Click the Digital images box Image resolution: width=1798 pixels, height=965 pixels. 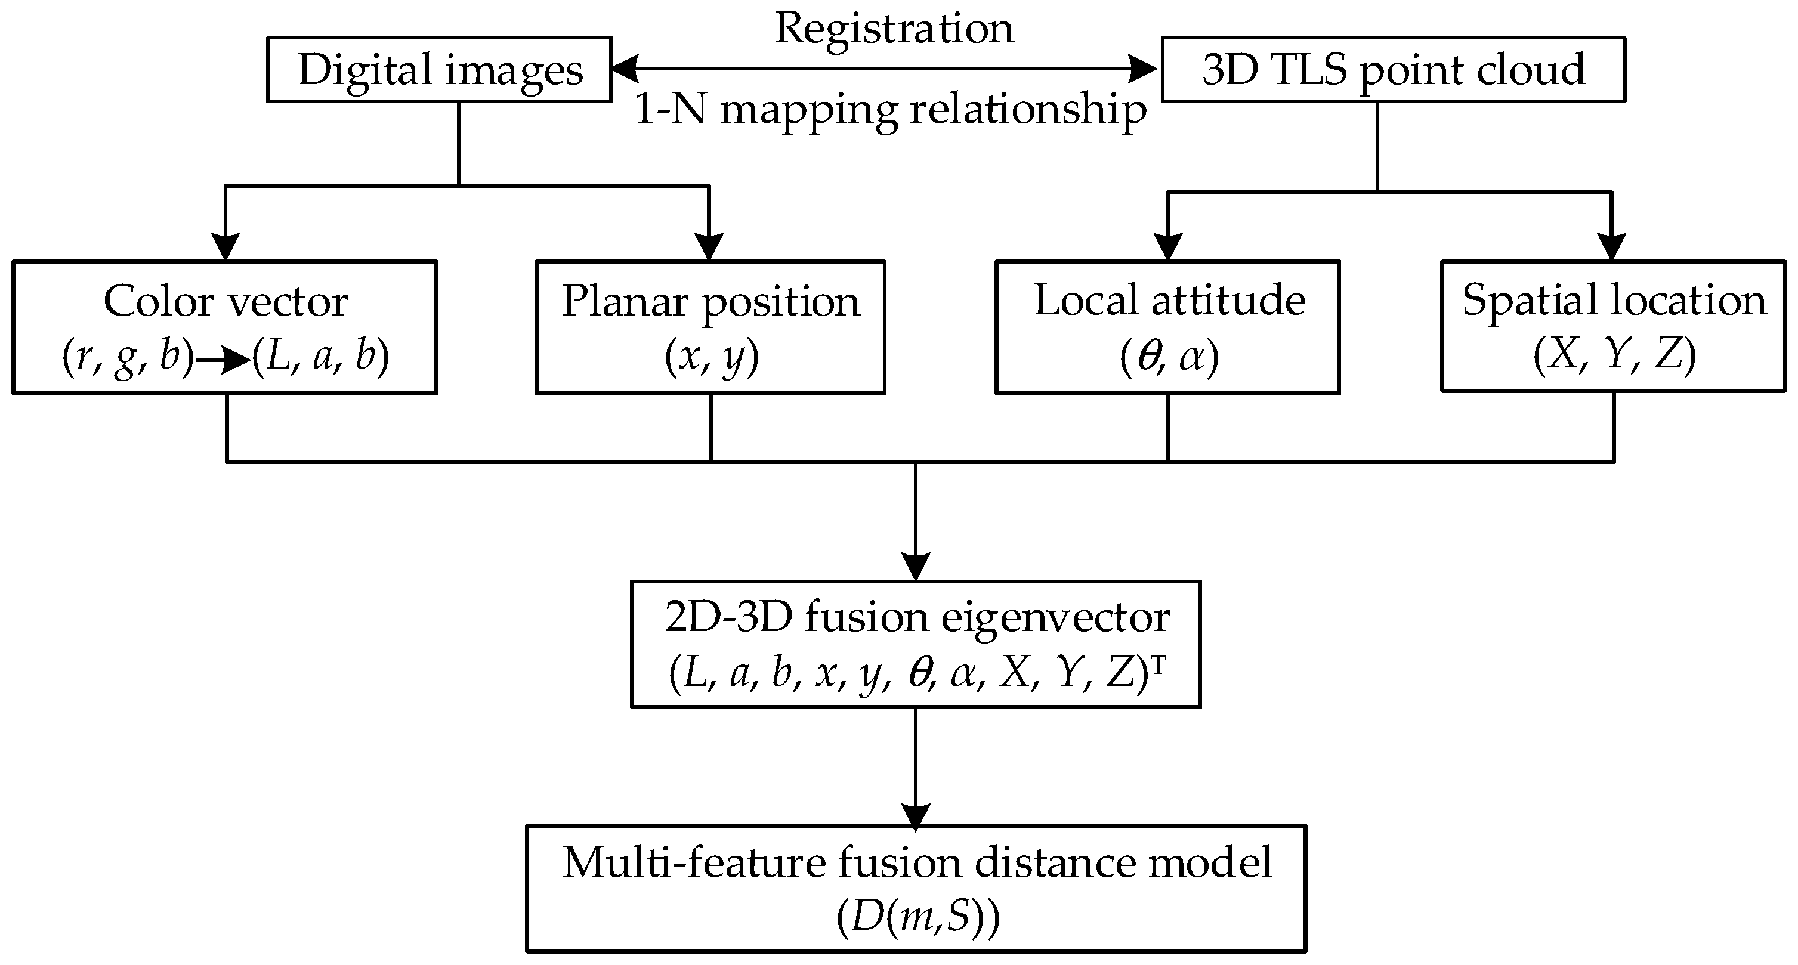[440, 70]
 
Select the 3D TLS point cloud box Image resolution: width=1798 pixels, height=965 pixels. [1392, 70]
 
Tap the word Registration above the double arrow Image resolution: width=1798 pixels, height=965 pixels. [894, 29]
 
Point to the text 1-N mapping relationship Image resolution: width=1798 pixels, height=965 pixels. [890, 110]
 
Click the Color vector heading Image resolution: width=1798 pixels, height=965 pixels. [225, 301]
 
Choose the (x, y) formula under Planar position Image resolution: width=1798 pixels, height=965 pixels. [711, 357]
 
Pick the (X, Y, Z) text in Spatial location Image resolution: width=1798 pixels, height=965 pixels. [1614, 356]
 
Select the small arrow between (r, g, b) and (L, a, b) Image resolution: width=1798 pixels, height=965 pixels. [222, 360]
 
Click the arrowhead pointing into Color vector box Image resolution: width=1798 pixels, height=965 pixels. [225, 247]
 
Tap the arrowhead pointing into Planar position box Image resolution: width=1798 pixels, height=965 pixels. [709, 247]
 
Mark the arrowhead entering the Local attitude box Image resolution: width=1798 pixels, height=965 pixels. [1167, 247]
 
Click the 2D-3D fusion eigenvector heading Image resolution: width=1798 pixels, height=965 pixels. [916, 617]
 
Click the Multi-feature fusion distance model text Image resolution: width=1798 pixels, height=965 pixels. [916, 862]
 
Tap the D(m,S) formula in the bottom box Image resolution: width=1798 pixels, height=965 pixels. [917, 917]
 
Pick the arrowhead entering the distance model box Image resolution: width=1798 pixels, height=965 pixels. [916, 815]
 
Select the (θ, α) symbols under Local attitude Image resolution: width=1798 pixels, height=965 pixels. [1169, 357]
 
